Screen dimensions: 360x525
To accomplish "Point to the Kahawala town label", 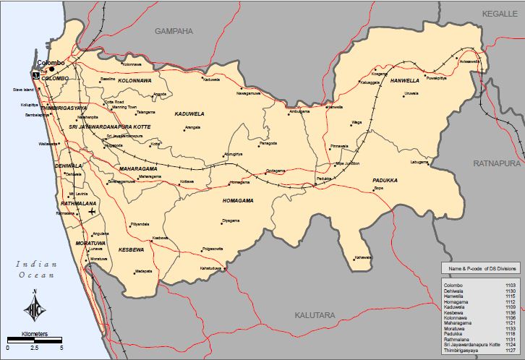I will [363, 257].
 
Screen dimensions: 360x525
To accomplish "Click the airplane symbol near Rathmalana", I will [91, 218].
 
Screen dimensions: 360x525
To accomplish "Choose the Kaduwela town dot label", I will [210, 80].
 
